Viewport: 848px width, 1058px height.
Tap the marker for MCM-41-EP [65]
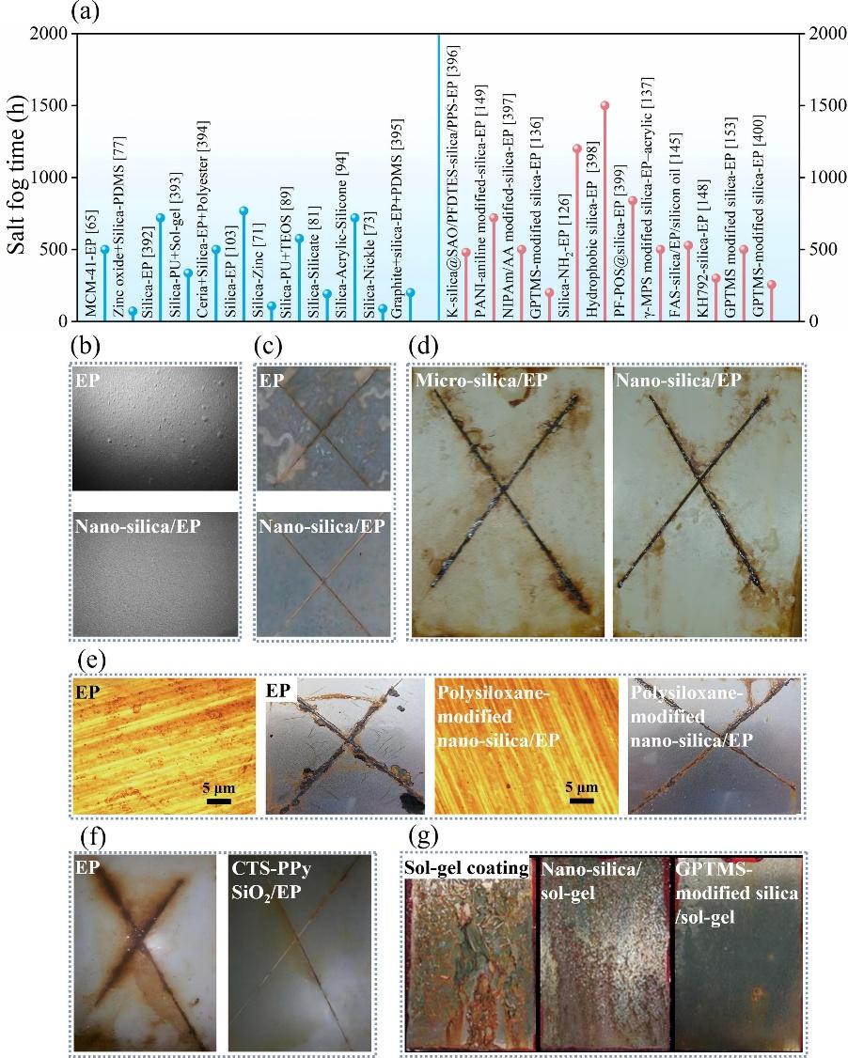[104, 249]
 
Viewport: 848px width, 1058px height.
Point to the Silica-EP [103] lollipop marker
[243, 210]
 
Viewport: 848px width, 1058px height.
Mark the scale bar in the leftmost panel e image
[220, 801]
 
